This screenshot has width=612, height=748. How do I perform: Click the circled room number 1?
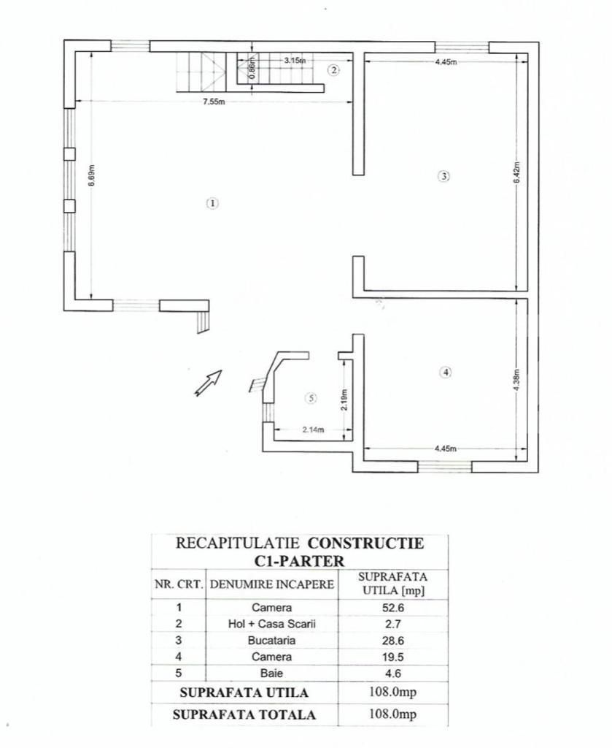(x=212, y=204)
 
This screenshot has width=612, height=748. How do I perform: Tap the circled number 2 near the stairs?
(x=333, y=70)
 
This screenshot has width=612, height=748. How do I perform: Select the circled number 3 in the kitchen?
(x=443, y=175)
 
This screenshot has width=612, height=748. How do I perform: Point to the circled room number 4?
(x=446, y=372)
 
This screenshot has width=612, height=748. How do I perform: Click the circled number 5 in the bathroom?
(x=311, y=398)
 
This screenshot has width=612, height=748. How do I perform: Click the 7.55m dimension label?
(x=214, y=102)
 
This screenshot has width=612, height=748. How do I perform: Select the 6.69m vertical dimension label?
(x=91, y=177)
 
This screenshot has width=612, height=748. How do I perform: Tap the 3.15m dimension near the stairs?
(x=294, y=61)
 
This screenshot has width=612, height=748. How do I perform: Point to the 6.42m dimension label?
(x=516, y=173)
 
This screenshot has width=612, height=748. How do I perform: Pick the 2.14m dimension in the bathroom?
(x=314, y=430)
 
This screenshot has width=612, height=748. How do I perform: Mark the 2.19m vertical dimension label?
(x=344, y=399)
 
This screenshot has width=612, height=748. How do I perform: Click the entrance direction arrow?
(x=208, y=383)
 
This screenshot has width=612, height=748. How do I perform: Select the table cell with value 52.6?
(x=392, y=607)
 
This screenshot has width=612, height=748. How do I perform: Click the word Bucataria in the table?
(x=271, y=640)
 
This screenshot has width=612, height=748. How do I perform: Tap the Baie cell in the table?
(x=271, y=673)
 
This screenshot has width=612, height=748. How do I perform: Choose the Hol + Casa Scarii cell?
(x=271, y=624)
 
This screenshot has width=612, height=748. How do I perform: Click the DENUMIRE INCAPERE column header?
(x=271, y=584)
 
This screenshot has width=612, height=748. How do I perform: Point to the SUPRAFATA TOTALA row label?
(x=244, y=714)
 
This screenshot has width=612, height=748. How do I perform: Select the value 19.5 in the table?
(x=392, y=657)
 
